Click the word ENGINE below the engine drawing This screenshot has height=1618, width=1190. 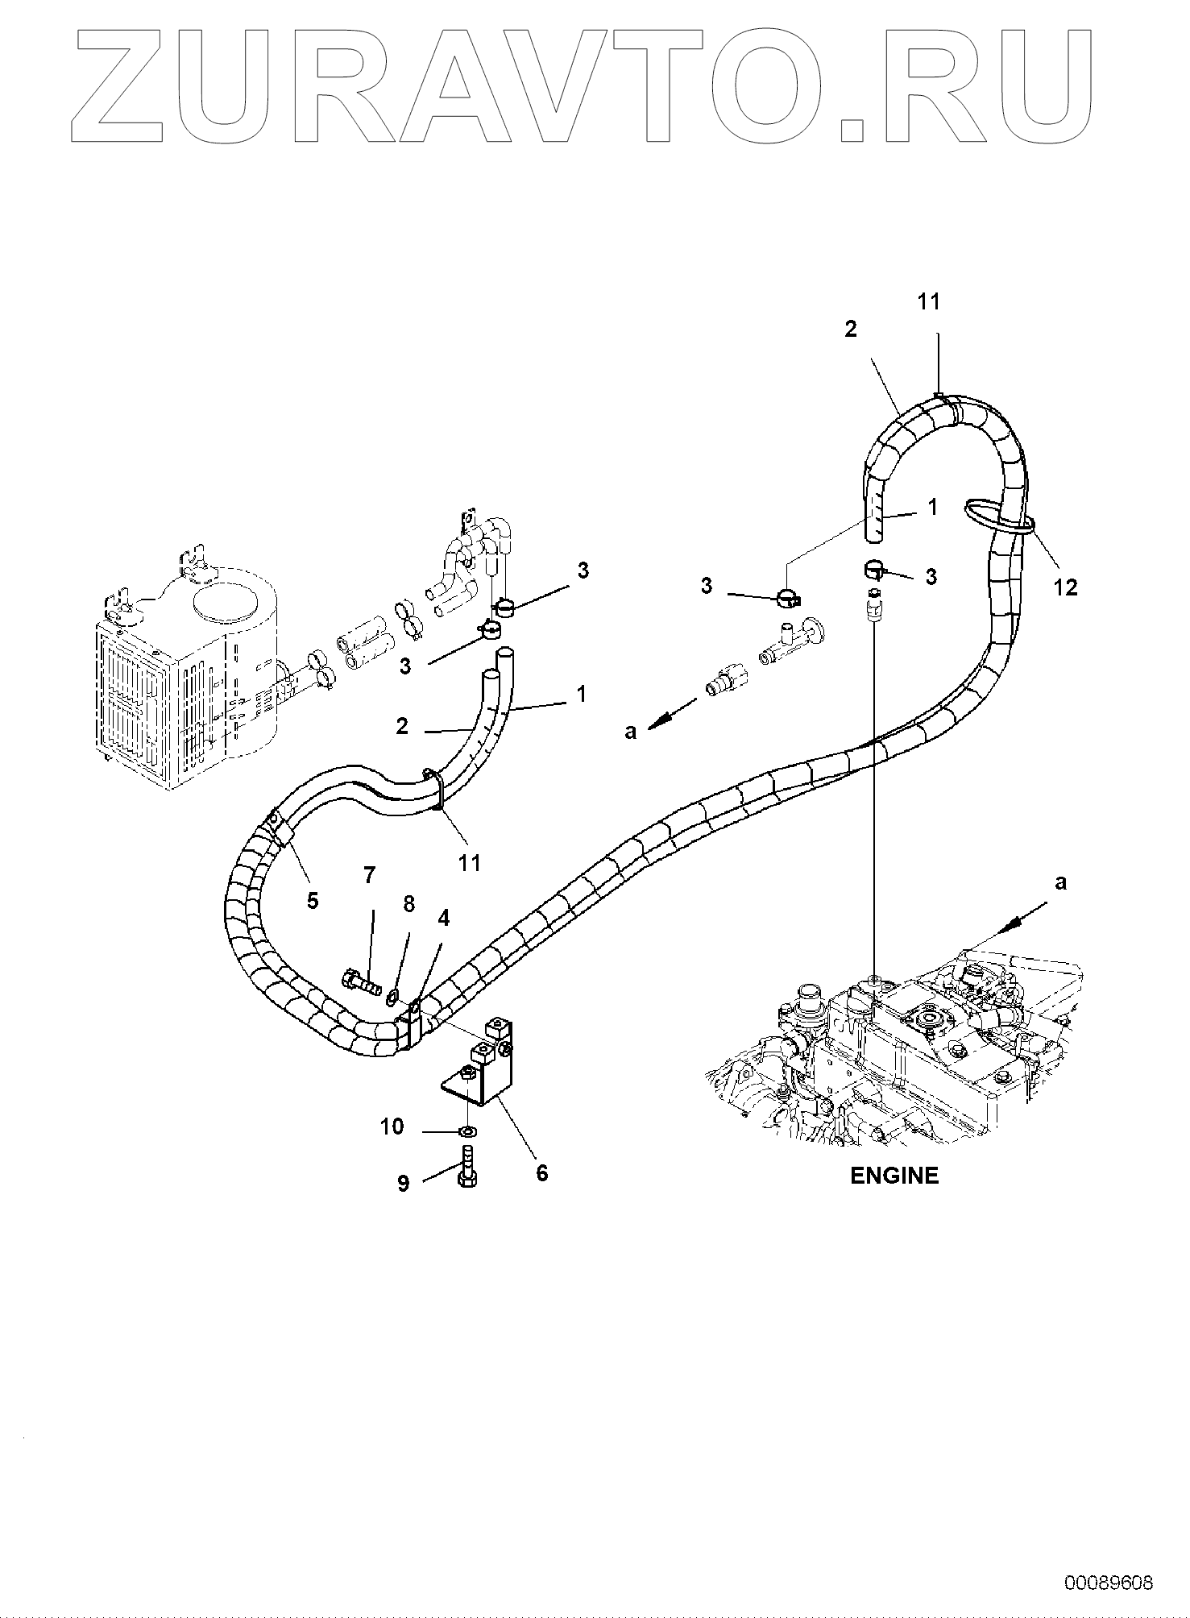click(894, 1176)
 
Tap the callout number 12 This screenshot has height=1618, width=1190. click(1065, 587)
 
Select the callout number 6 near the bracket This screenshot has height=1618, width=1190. click(541, 1172)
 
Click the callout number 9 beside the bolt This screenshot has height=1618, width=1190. click(403, 1183)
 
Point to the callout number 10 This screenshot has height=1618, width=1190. click(392, 1126)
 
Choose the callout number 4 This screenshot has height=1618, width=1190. click(443, 918)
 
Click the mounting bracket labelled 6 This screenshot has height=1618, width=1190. click(483, 1064)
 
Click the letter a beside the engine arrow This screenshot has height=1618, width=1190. click(1060, 882)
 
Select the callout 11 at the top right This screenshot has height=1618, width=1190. click(928, 301)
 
